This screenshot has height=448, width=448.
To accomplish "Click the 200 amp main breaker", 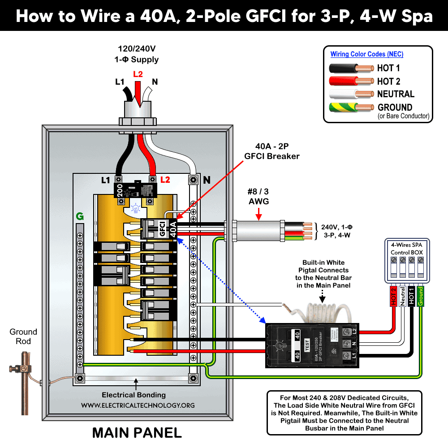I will pyautogui.click(x=135, y=190).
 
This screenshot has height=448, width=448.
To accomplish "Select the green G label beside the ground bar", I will pyautogui.click(x=80, y=217).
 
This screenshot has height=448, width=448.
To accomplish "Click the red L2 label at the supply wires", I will pyautogui.click(x=138, y=74).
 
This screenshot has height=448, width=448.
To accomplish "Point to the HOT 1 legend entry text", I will pyautogui.click(x=388, y=69).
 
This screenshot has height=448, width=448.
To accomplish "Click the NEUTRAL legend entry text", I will pyautogui.click(x=396, y=94).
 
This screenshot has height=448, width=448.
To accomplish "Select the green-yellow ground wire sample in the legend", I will pyautogui.click(x=351, y=108).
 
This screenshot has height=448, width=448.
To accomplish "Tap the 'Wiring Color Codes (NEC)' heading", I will pyautogui.click(x=366, y=54).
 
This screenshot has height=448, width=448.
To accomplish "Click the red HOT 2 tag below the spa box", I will pyautogui.click(x=394, y=296).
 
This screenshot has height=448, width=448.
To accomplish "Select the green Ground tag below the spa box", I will pyautogui.click(x=420, y=296).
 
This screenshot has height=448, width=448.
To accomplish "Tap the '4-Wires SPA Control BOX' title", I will pyautogui.click(x=407, y=249).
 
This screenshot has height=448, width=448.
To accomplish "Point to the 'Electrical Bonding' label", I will pyautogui.click(x=134, y=395).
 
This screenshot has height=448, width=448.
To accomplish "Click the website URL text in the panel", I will pyautogui.click(x=138, y=405).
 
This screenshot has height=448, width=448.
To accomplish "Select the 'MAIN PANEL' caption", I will pyautogui.click(x=137, y=433).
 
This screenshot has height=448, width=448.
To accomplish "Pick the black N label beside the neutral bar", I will pyautogui.click(x=207, y=180).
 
